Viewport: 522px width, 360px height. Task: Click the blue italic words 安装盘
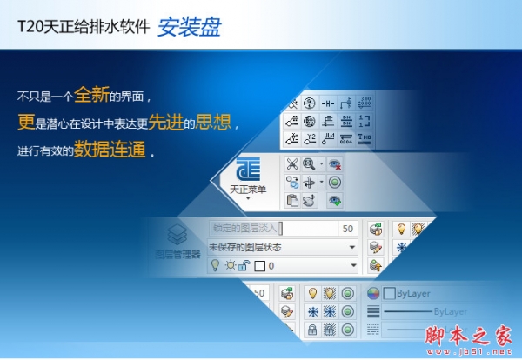pos(189,27)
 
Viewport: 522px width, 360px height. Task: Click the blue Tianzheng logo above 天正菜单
pos(250,167)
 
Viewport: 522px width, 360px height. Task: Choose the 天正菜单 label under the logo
pos(249,189)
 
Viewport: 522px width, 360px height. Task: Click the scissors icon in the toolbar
pos(292,163)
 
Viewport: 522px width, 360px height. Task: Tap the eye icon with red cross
pos(335,163)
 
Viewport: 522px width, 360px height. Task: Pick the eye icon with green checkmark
pos(335,201)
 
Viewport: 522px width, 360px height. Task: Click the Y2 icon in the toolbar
pos(366,101)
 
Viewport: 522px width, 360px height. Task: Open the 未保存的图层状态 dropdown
pos(283,247)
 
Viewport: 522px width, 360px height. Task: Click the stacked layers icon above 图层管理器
pos(177,235)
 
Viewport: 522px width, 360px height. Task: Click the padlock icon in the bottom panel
pos(311,330)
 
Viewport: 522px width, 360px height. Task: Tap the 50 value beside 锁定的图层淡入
pos(347,229)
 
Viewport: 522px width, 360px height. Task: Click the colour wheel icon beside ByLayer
pos(374,293)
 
